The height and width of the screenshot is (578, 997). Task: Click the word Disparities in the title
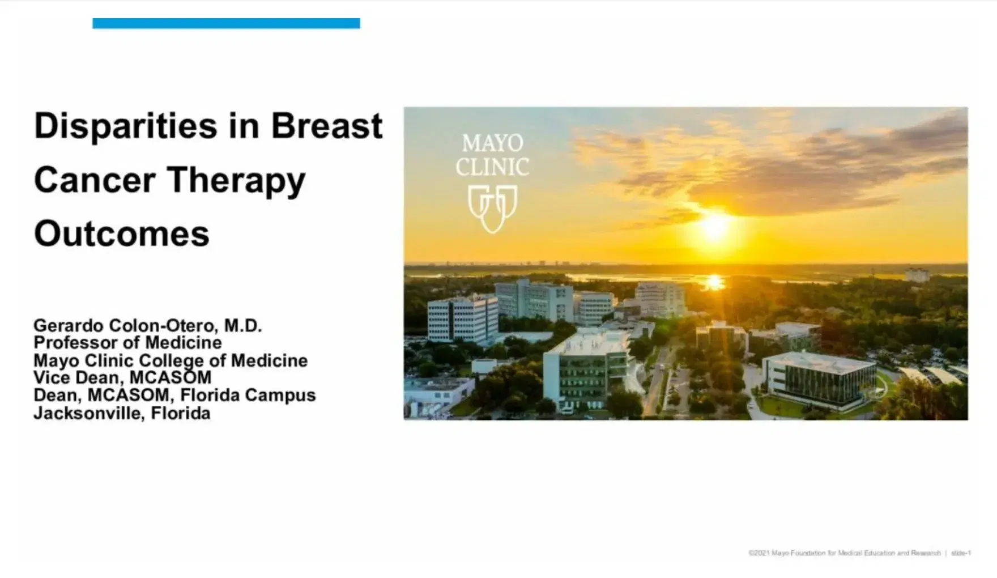[125, 126]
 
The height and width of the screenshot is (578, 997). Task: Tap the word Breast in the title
[326, 126]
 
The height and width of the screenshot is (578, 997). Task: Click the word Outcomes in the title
[122, 233]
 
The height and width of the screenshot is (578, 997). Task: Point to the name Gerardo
[69, 326]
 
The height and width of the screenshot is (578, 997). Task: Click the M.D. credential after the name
[243, 326]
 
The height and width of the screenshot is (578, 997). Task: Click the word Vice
[52, 378]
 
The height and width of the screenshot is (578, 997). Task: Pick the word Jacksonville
[89, 413]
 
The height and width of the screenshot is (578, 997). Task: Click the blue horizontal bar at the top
[226, 23]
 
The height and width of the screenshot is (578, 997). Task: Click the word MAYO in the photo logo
[492, 143]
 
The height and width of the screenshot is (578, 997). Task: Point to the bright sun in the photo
[715, 227]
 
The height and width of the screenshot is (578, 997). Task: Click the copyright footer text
[844, 553]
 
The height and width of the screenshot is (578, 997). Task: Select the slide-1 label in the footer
[961, 553]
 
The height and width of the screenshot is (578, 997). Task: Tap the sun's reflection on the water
[714, 281]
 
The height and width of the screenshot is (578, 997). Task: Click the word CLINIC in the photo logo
[492, 167]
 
